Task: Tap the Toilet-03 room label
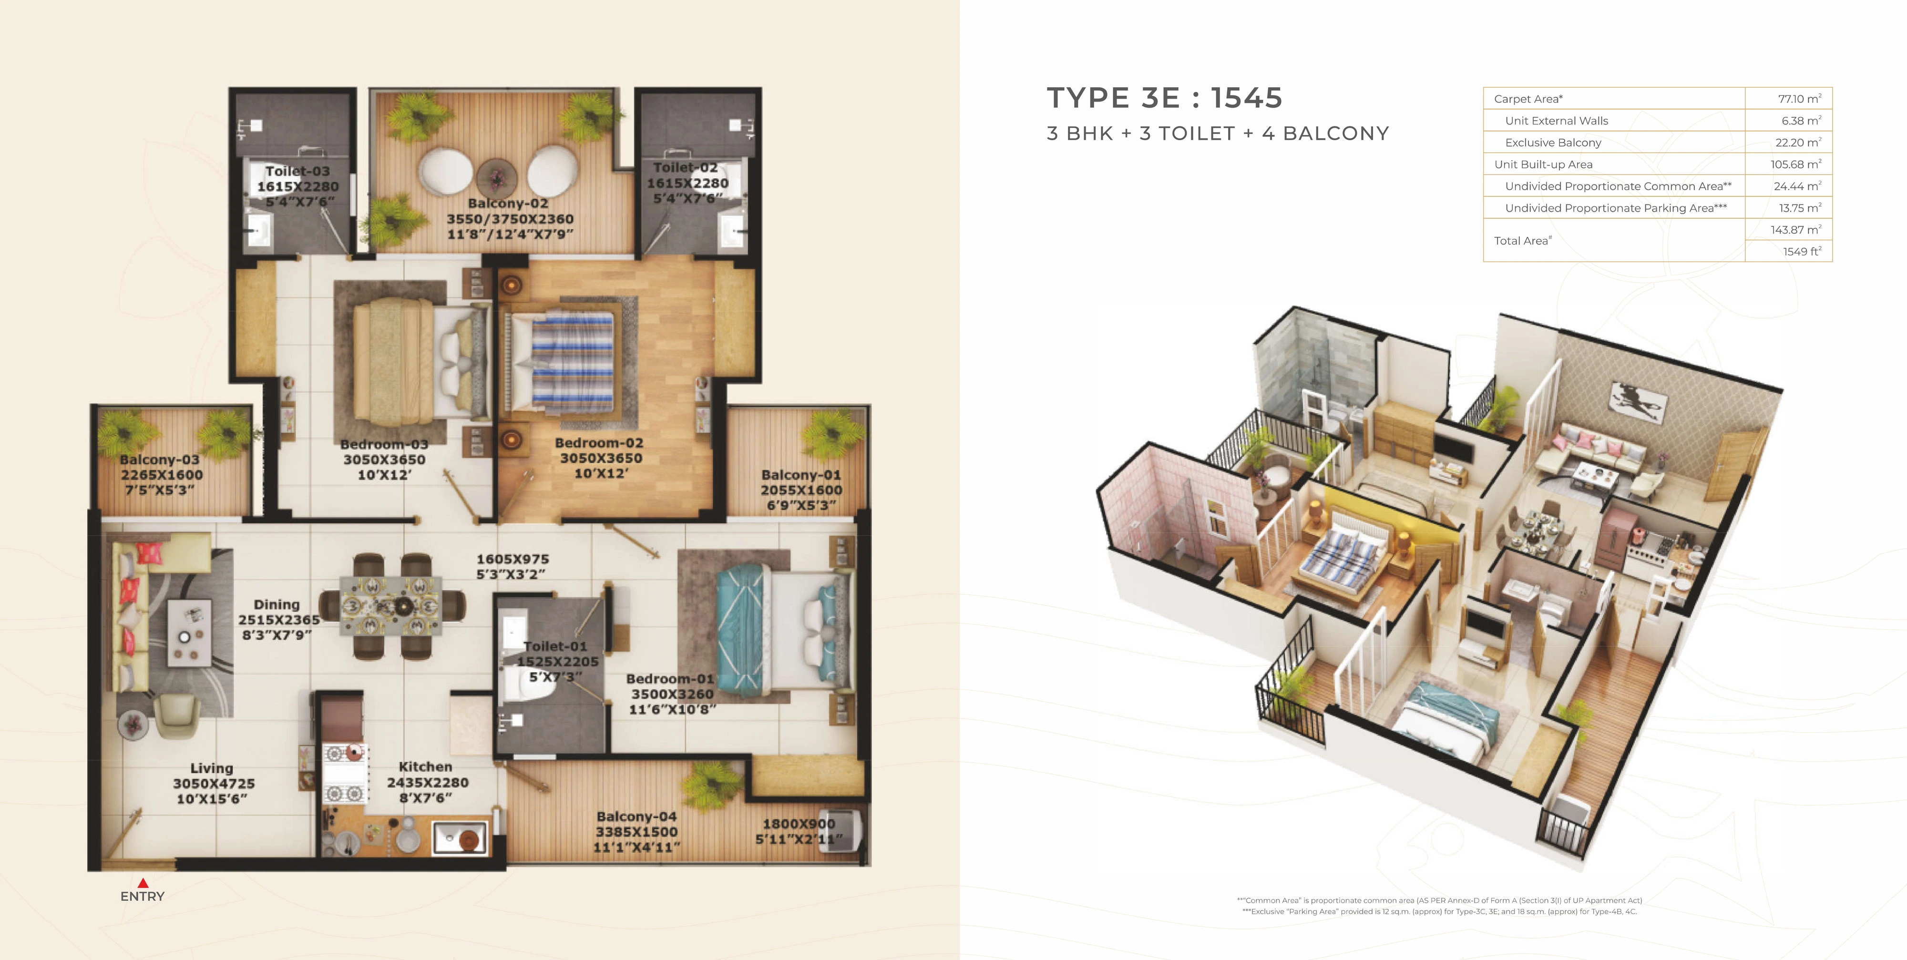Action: point(297,171)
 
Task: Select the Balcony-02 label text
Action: point(508,203)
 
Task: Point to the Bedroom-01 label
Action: point(670,679)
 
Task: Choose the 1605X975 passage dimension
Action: point(513,559)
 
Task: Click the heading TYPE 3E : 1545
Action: point(1164,98)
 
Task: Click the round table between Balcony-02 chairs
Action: point(497,178)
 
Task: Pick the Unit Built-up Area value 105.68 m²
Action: point(1796,164)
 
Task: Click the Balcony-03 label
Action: point(160,460)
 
